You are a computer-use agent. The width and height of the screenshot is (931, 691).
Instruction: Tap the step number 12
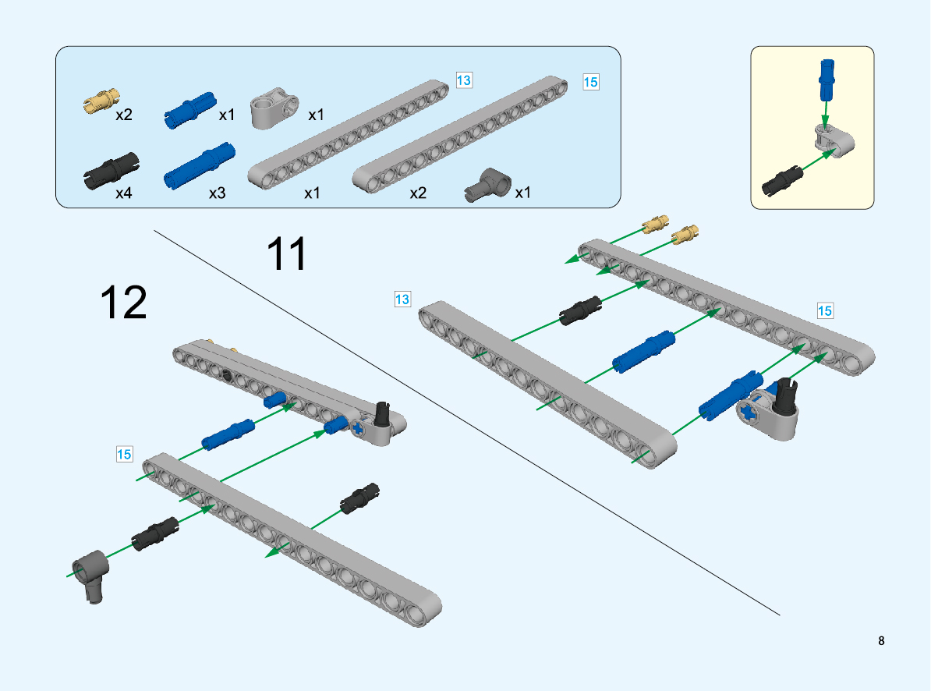coord(124,303)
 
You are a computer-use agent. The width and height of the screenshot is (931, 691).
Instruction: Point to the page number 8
coord(881,641)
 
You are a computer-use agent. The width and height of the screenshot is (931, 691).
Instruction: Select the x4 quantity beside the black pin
coord(124,193)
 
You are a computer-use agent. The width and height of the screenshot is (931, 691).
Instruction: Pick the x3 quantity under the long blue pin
coord(217,193)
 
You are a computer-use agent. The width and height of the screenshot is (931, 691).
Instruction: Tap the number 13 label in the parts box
coord(464,80)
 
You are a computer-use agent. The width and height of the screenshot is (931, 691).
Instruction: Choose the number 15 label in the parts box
coord(591,81)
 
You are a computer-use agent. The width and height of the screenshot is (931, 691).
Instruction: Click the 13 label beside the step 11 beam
coord(402,299)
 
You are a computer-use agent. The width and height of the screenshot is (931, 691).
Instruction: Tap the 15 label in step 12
coord(124,453)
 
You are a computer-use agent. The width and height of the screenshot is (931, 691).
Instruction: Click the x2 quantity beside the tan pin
coord(124,115)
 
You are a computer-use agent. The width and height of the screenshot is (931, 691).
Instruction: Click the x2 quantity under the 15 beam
coord(418,193)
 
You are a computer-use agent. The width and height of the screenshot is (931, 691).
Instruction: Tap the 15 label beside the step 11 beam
coord(825,310)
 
